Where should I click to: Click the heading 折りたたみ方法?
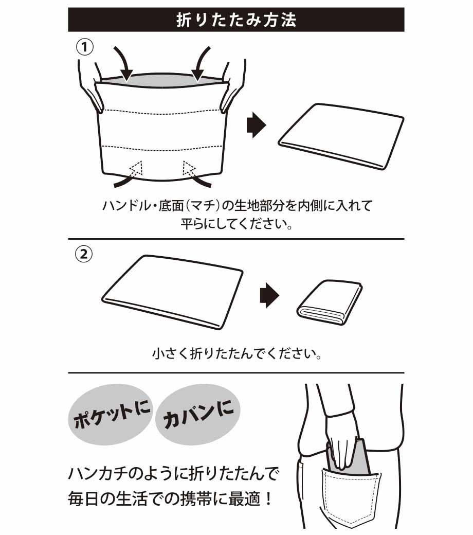(x=236, y=20)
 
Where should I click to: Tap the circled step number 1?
(x=84, y=47)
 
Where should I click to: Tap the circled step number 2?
(x=84, y=254)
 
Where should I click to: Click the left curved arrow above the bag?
(x=124, y=63)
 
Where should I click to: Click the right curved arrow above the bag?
(x=201, y=63)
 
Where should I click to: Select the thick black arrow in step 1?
(x=256, y=124)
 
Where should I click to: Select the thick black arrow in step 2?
(x=269, y=295)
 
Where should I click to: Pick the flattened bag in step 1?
(x=341, y=136)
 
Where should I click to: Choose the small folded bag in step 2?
(x=330, y=302)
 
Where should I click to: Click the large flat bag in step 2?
(x=172, y=292)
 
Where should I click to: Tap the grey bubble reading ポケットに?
(x=112, y=414)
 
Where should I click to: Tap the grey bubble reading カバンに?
(x=198, y=414)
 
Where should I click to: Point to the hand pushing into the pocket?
(x=340, y=443)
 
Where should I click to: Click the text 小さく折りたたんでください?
(x=236, y=354)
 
